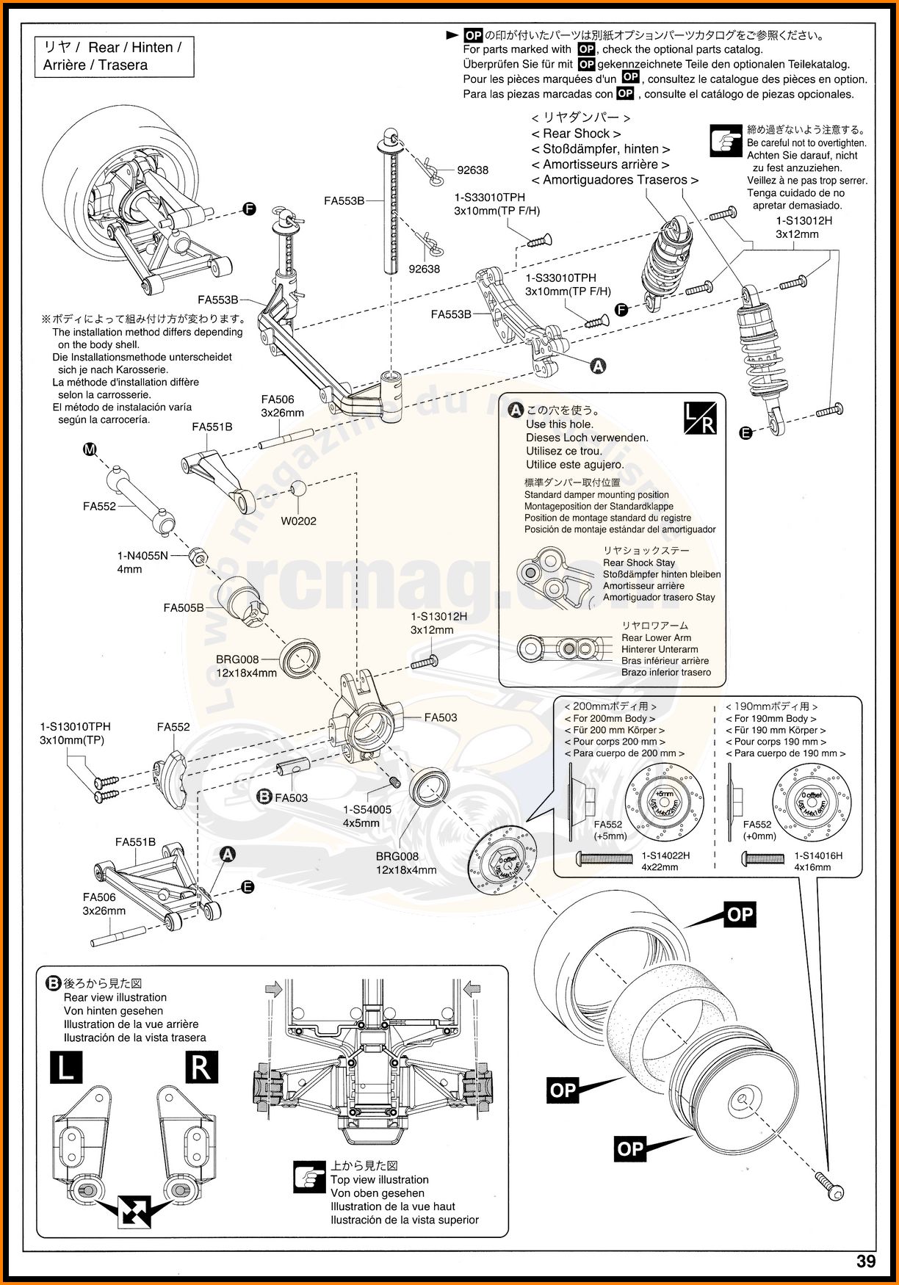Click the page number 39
click(x=865, y=1262)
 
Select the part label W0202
click(x=298, y=521)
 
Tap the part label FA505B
click(x=184, y=608)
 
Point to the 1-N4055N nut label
click(x=142, y=556)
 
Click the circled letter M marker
click(x=90, y=449)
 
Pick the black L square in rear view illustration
click(x=66, y=1067)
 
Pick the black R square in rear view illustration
click(x=200, y=1067)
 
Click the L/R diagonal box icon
click(x=699, y=418)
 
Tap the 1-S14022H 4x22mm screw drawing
click(x=604, y=857)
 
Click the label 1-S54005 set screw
click(x=367, y=810)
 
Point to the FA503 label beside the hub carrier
click(x=440, y=717)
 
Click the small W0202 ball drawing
click(x=298, y=489)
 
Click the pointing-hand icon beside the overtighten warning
click(x=726, y=140)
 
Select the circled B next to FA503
click(x=264, y=797)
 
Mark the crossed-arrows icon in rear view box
click(x=134, y=1212)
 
